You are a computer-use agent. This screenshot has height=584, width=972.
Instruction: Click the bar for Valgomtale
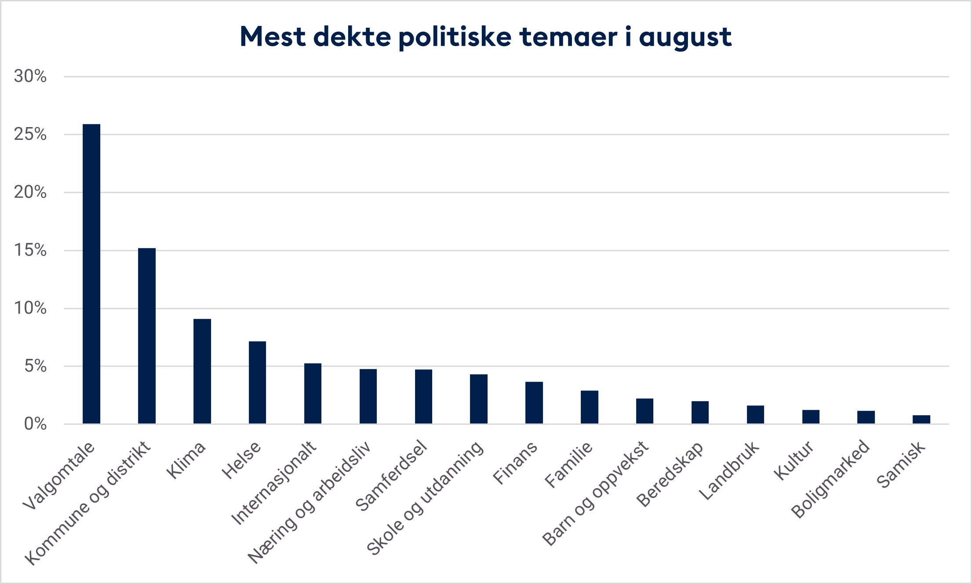(91, 274)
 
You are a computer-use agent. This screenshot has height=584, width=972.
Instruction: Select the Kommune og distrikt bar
(147, 336)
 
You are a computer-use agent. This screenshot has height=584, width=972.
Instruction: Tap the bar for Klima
(202, 371)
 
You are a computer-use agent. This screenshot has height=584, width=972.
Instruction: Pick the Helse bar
(257, 383)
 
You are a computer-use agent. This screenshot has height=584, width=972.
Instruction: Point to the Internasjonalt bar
(313, 394)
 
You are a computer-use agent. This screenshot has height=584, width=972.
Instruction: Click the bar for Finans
(534, 403)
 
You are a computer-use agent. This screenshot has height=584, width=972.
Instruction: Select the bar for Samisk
(921, 420)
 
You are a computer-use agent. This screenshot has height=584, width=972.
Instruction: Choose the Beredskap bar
(700, 412)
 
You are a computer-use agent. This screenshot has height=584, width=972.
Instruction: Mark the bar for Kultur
(811, 417)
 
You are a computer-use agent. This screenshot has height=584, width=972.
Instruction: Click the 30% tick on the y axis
(30, 77)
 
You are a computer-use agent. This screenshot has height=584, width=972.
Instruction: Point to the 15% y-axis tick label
(30, 250)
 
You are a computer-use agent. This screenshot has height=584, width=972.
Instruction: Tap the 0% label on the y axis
(35, 424)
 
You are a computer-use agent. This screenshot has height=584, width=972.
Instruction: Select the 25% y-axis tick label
(30, 134)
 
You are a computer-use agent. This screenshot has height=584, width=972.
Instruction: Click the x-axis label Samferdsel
(391, 477)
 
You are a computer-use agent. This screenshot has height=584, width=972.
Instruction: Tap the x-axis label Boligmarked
(830, 479)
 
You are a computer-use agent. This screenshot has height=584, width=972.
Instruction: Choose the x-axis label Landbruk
(729, 471)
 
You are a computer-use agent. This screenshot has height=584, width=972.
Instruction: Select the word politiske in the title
(455, 37)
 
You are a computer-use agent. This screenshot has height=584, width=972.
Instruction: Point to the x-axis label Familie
(568, 465)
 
